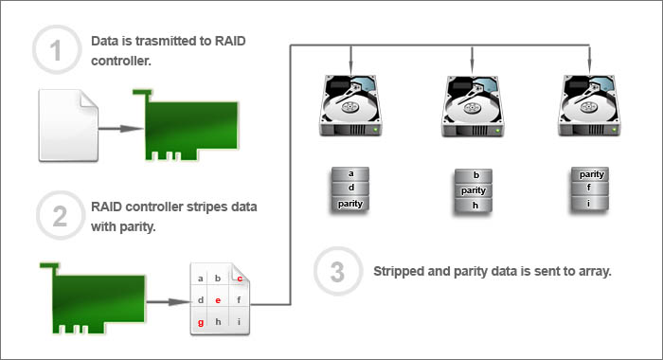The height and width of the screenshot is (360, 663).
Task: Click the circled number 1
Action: [x=56, y=50]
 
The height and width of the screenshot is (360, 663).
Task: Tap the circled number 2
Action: [x=60, y=216]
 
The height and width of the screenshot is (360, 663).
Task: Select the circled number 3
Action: [x=337, y=271]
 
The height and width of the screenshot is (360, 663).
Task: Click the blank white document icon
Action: [x=68, y=126]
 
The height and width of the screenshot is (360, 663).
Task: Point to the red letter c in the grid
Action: [x=240, y=279]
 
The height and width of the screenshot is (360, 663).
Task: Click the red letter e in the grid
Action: [x=218, y=300]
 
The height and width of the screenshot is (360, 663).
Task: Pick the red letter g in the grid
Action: [x=201, y=322]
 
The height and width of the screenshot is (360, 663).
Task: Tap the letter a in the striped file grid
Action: [x=201, y=279]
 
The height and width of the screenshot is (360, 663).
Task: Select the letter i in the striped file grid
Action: [x=239, y=322]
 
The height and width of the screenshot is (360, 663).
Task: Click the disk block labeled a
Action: [x=350, y=174]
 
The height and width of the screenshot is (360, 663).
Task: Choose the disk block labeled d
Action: [x=350, y=189]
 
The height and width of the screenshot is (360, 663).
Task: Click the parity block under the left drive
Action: [x=350, y=204]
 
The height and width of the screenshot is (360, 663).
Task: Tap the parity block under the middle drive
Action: [x=474, y=190]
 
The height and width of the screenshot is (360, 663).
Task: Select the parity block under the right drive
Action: [x=590, y=174]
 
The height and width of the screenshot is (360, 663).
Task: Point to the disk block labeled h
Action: [x=474, y=206]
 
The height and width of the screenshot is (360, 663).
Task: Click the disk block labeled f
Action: [x=590, y=189]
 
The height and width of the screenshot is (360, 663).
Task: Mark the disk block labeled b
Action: [x=474, y=176]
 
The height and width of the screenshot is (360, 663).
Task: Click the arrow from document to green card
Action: [x=121, y=128]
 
